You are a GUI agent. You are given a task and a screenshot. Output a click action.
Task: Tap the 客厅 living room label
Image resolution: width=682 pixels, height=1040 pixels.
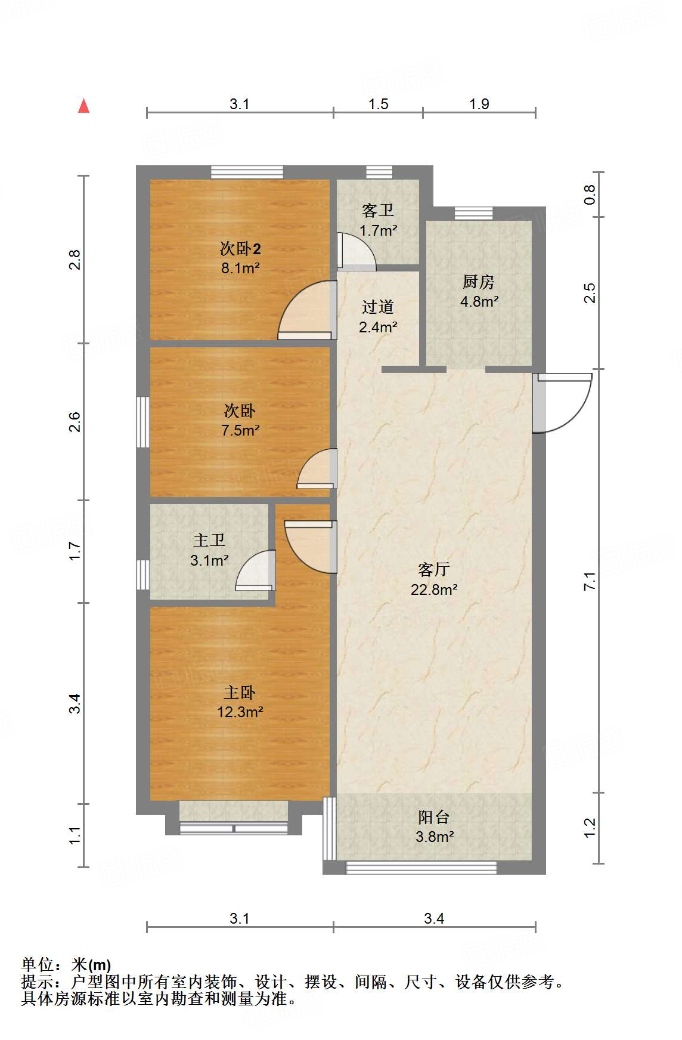pos(434,569)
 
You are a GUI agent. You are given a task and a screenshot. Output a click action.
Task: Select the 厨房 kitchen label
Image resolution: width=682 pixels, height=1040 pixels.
pos(479,281)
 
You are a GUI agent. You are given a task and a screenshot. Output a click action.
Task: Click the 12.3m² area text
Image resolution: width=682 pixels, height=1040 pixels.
pos(240,712)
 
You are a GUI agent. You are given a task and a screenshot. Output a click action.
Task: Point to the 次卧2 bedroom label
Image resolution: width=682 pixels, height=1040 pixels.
pos(240,248)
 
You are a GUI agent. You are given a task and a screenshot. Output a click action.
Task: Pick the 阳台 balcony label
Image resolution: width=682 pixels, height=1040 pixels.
pos(434,817)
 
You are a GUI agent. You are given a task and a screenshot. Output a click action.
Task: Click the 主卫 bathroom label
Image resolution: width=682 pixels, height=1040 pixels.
pos(209,540)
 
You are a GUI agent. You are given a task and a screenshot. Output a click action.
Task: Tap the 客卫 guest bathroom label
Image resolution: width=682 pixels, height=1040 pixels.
pos(378,210)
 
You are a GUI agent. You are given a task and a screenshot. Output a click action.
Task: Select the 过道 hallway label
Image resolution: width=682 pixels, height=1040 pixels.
pos(378,307)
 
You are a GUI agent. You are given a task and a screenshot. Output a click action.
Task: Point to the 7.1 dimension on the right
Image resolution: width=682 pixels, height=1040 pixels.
pos(590,581)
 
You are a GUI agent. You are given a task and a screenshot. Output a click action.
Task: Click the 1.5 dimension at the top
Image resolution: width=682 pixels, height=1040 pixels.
pos(378,104)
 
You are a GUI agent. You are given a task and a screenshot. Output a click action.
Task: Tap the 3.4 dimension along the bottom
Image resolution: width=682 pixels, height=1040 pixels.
pos(434,918)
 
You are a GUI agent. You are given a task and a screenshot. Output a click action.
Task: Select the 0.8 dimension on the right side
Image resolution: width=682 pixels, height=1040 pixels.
pos(590,195)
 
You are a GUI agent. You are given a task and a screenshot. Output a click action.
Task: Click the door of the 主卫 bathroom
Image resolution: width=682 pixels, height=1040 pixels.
pos(256,570)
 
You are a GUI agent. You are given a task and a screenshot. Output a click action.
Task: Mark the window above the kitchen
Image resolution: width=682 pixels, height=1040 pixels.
pos(473,213)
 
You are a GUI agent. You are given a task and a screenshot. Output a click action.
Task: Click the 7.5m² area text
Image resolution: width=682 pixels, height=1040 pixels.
pos(240,430)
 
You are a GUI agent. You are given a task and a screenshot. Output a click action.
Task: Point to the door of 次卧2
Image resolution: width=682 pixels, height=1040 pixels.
pos(307,310)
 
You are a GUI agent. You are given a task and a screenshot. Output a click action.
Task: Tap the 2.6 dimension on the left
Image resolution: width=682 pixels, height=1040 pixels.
pos(75,422)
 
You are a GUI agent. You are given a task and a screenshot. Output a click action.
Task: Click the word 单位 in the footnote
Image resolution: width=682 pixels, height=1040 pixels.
pos(38,965)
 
